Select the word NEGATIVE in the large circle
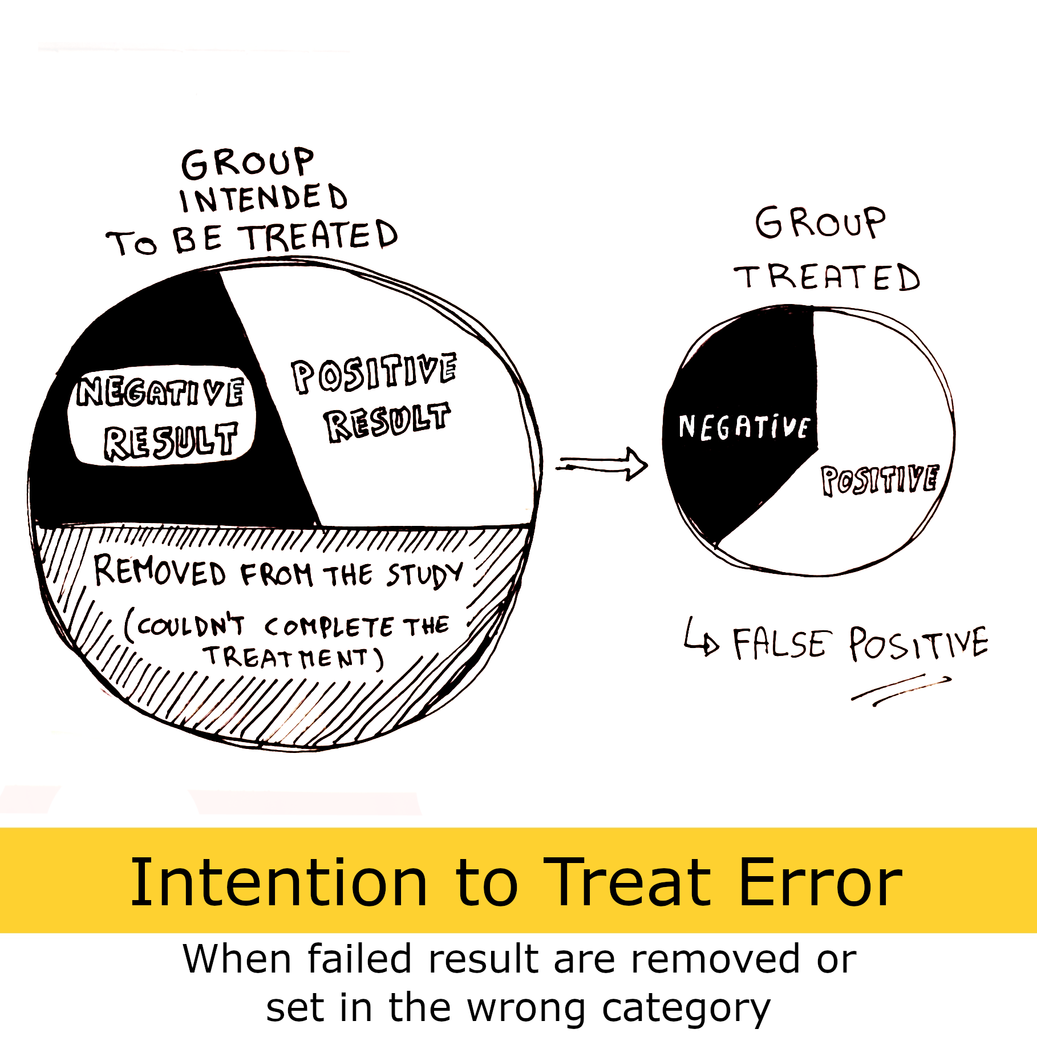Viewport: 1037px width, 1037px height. (161, 392)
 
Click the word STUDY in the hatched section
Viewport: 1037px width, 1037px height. (425, 574)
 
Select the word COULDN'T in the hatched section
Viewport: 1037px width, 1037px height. (186, 626)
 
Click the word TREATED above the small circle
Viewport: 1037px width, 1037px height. (827, 278)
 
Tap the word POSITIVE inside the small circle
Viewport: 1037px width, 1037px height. (880, 479)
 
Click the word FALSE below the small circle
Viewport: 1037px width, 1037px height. (779, 644)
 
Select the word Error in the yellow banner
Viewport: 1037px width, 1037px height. (820, 882)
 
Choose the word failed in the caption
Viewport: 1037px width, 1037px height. (359, 959)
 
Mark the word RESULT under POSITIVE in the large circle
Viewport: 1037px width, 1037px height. (387, 422)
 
